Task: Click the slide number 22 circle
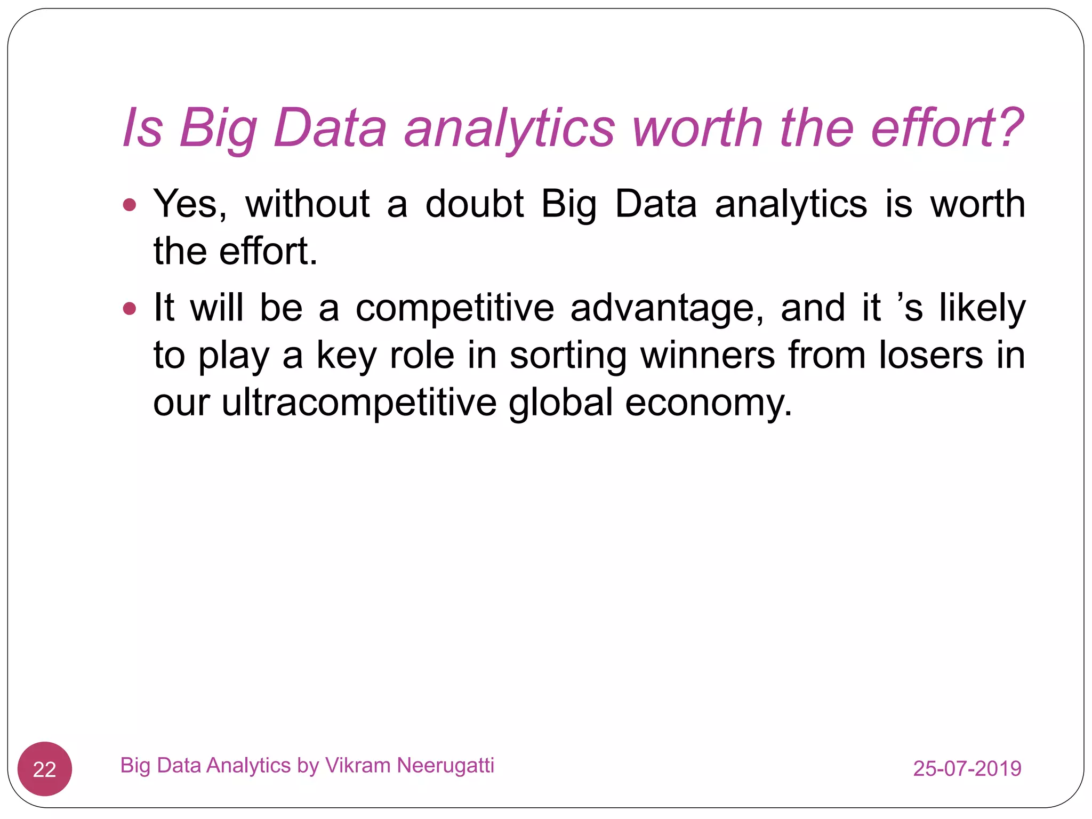click(45, 769)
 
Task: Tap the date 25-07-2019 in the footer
click(967, 768)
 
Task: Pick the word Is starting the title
click(142, 128)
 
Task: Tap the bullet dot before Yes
click(130, 204)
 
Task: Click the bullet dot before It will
click(130, 308)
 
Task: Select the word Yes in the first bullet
click(190, 204)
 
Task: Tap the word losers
click(930, 356)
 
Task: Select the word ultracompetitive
click(359, 404)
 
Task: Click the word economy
click(708, 404)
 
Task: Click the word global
click(560, 403)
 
